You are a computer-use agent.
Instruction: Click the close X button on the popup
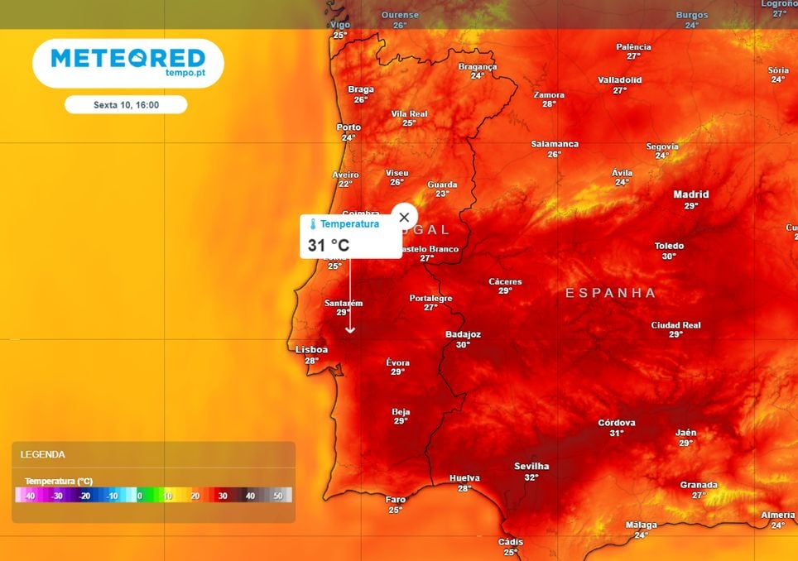(404, 218)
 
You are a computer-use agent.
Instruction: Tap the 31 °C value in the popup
(329, 245)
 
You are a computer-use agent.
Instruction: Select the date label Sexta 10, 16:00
(126, 105)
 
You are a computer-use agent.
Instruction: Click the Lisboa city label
(312, 350)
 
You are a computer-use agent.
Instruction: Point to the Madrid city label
(691, 195)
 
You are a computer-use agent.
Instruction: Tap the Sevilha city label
(531, 467)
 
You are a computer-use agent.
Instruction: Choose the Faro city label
(396, 500)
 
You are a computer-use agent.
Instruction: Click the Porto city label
(349, 128)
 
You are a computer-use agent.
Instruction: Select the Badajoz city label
(463, 335)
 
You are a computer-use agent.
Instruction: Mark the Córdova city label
(617, 423)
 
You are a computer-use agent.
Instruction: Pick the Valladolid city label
(620, 80)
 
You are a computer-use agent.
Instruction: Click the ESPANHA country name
(611, 293)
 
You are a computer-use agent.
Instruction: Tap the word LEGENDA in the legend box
(43, 454)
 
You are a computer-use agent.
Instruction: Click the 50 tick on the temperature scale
(278, 496)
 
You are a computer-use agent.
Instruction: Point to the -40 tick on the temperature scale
(29, 496)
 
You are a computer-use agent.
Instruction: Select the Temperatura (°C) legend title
(59, 481)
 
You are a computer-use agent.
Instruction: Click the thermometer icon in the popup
(313, 224)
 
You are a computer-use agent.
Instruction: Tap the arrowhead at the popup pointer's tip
(350, 330)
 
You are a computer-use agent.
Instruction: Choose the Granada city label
(699, 485)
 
